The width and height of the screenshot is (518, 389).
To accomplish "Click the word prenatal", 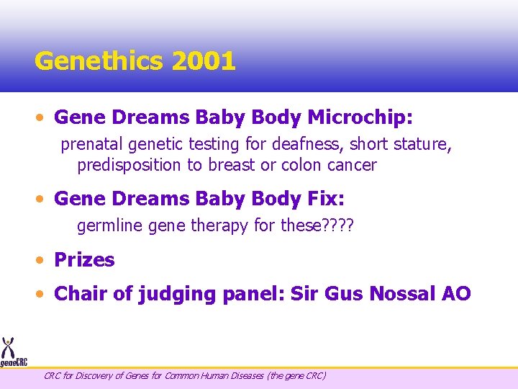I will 91,145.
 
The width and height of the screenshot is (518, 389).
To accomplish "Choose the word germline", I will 110,226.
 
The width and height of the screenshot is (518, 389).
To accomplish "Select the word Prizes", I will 84,260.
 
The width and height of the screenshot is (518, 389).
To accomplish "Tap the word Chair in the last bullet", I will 78,294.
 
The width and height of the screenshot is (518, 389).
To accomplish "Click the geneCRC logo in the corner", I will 12,353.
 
